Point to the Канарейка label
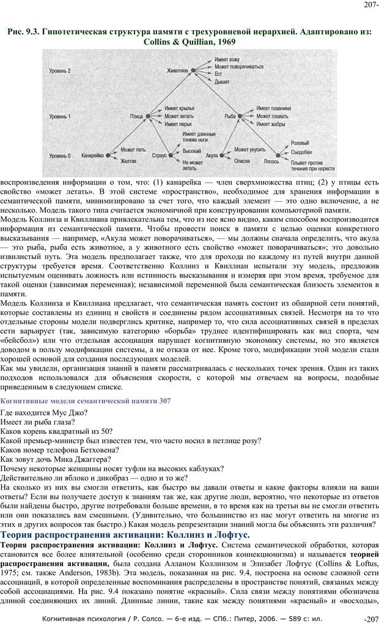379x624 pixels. [92, 155]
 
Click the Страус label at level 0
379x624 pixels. [158, 155]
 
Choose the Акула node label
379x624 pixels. [212, 155]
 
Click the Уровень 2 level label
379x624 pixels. [61, 72]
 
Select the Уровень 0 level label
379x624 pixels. [61, 155]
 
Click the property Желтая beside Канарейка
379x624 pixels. [128, 161]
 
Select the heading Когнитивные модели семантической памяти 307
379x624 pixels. [86, 400]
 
